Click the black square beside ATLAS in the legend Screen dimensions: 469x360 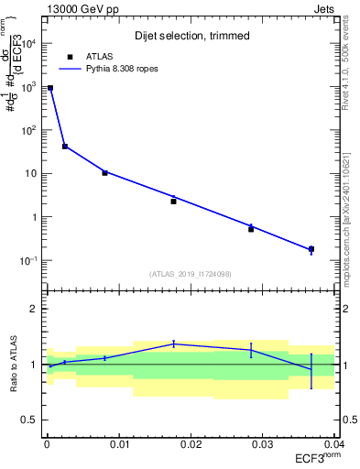(71, 56)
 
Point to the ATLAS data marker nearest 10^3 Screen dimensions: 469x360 (50, 88)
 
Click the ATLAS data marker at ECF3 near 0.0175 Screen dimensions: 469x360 (173, 201)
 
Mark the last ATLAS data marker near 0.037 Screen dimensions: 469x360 (311, 249)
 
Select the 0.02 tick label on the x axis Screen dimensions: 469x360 (191, 443)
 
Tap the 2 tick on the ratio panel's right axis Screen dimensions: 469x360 (341, 309)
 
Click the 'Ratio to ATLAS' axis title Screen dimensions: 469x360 (13, 364)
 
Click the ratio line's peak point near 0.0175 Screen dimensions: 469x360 (173, 344)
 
